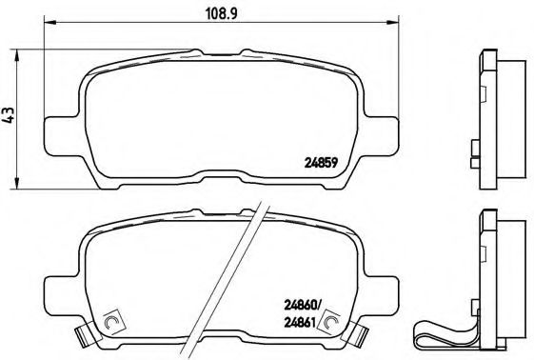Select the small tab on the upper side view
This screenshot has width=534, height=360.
click(473, 149)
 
